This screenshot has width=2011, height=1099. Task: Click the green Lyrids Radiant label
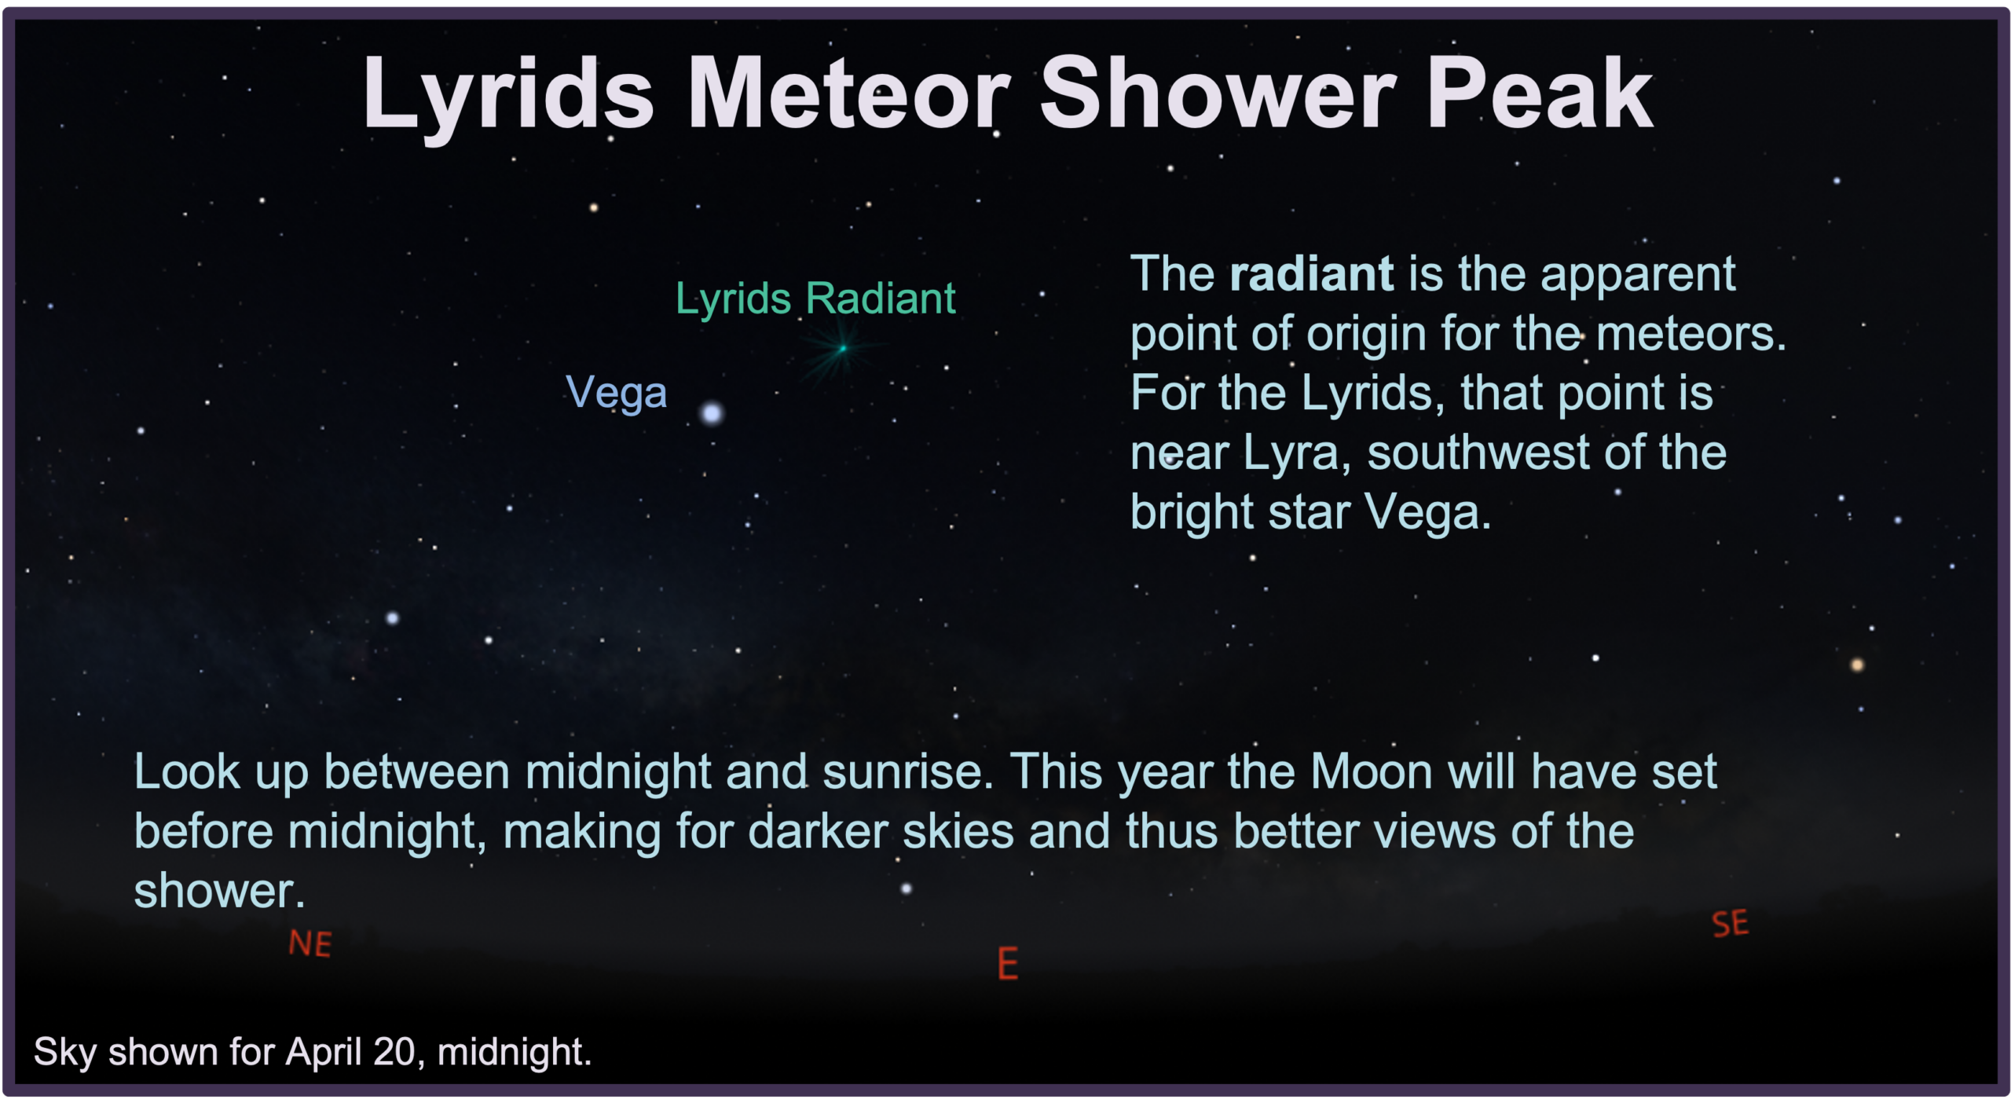[x=815, y=299]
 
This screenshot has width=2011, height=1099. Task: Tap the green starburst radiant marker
[x=843, y=348]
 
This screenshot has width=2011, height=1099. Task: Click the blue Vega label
[x=616, y=393]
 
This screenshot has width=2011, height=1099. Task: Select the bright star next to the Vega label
[x=712, y=413]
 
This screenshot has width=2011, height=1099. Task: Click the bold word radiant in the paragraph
[x=1312, y=274]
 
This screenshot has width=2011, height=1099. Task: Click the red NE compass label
[x=310, y=943]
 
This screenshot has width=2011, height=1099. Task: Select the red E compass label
[x=1008, y=963]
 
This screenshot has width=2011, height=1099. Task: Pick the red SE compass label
[x=1731, y=924]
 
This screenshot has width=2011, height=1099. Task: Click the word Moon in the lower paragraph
[x=1372, y=772]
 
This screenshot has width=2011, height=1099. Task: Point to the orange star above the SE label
[x=1857, y=665]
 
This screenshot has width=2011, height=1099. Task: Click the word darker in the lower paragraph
[x=818, y=832]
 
